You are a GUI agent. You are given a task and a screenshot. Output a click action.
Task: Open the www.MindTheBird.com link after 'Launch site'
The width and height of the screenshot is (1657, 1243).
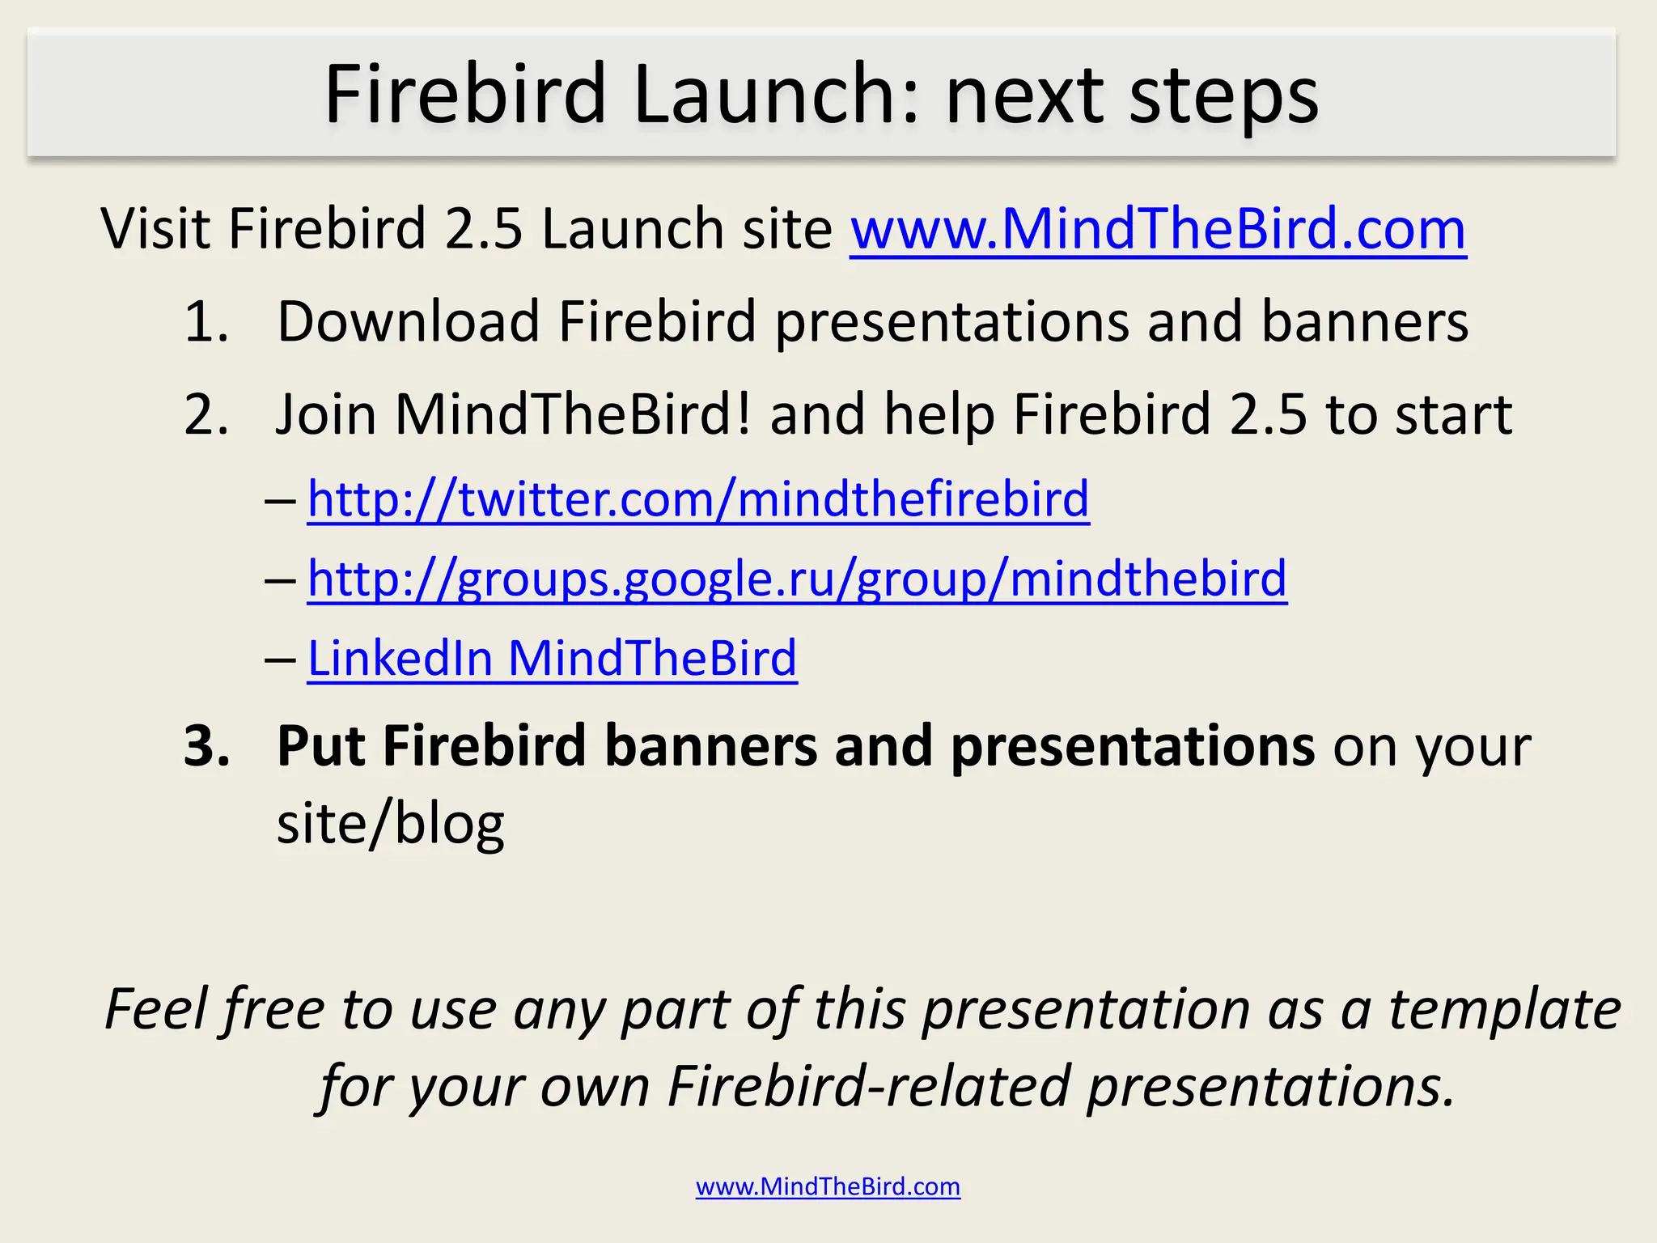pos(1158,229)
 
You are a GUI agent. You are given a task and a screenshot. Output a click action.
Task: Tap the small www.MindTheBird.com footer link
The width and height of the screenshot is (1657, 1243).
pos(828,1186)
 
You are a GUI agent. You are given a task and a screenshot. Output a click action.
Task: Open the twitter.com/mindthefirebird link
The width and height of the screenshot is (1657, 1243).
pos(698,498)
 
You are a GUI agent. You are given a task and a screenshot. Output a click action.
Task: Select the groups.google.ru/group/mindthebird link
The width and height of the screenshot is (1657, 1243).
pos(797,579)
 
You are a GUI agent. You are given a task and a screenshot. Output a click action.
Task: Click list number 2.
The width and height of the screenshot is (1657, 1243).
pos(206,414)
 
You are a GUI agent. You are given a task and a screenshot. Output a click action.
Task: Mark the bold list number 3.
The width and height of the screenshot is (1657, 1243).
pos(207,745)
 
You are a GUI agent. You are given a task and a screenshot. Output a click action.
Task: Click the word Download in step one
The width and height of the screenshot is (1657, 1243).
pos(409,322)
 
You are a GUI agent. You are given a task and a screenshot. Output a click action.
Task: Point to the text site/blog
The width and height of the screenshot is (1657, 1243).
pos(390,824)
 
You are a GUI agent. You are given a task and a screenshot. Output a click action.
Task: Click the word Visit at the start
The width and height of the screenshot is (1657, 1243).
pos(155,229)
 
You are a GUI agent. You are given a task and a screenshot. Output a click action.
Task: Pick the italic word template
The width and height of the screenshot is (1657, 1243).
pos(1505,1010)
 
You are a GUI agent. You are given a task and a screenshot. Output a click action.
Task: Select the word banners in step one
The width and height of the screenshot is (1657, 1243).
pos(1364,322)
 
